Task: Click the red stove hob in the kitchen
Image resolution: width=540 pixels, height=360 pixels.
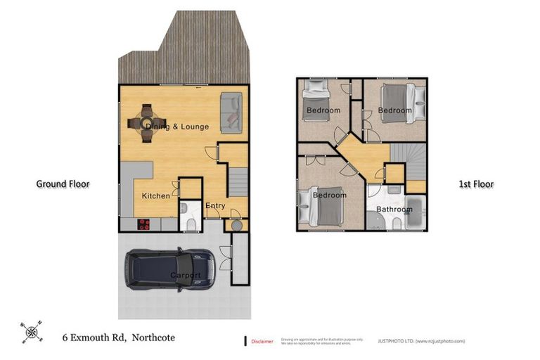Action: (143, 224)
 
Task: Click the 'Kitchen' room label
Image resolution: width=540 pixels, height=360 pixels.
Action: (155, 195)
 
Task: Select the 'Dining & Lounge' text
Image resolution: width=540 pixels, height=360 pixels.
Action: (177, 127)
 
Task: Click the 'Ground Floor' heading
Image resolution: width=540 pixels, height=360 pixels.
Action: (63, 184)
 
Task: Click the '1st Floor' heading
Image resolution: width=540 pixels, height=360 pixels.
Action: (476, 184)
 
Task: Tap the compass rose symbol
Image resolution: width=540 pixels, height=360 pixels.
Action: (30, 331)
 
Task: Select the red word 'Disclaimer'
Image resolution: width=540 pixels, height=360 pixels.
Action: (262, 341)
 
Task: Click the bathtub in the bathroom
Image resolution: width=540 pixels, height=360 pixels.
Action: (415, 214)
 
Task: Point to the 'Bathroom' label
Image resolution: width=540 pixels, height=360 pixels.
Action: (394, 210)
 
